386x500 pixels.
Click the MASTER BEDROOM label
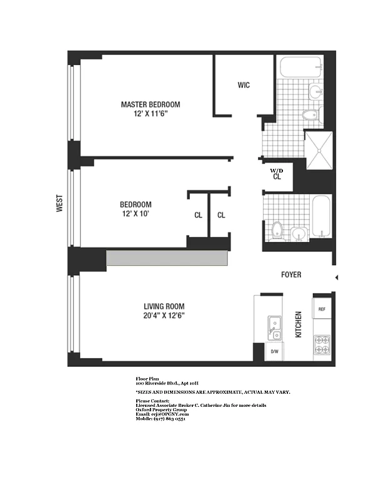[x=151, y=104]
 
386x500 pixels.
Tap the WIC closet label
[x=244, y=85]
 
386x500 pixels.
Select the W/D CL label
[x=276, y=174]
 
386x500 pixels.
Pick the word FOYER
[x=290, y=274]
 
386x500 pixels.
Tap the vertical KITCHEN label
[x=299, y=324]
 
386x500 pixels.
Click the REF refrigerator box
[x=322, y=309]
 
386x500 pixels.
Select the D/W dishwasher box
[x=274, y=352]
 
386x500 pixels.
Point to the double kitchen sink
[x=274, y=328]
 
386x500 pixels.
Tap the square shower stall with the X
[x=319, y=151]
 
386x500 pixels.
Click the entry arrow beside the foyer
[x=337, y=277]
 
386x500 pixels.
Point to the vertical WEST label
[x=60, y=204]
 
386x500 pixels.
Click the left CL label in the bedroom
[x=198, y=216]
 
